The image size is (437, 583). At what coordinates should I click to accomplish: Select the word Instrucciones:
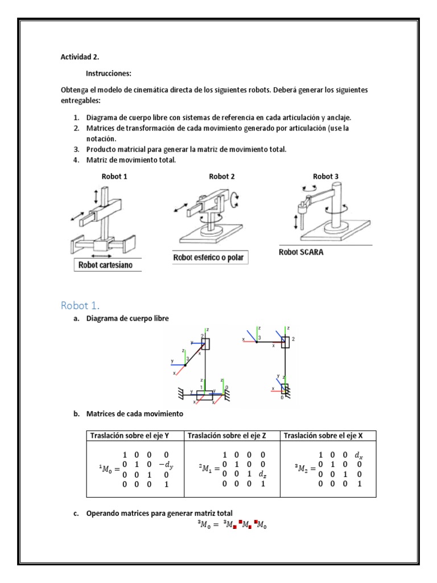pyautogui.click(x=109, y=73)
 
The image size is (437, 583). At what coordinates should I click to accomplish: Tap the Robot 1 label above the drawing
pyautogui.click(x=114, y=176)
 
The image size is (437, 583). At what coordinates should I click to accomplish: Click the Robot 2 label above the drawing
pyautogui.click(x=222, y=176)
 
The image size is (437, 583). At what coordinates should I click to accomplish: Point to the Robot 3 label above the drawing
pyautogui.click(x=326, y=176)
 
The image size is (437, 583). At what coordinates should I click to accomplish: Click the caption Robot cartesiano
pyautogui.click(x=107, y=265)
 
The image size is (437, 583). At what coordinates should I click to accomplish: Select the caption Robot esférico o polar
pyautogui.click(x=211, y=258)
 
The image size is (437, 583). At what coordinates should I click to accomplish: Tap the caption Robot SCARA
pyautogui.click(x=301, y=252)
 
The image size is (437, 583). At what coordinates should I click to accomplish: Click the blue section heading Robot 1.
pyautogui.click(x=83, y=305)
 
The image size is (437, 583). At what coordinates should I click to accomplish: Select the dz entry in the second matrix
pyautogui.click(x=262, y=474)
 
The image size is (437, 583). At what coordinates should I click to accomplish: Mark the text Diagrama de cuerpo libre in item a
pyautogui.click(x=127, y=319)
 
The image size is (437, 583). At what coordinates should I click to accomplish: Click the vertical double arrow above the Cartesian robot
pyautogui.click(x=96, y=196)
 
